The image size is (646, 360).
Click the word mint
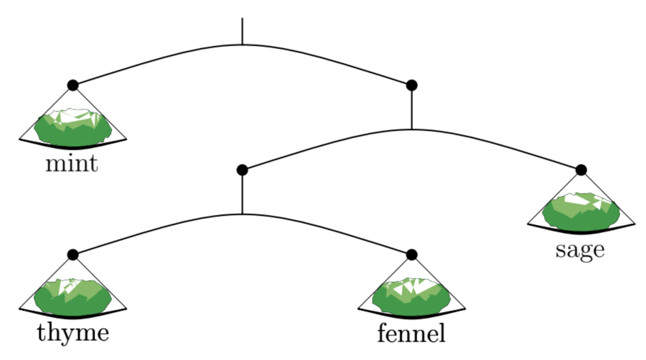(x=72, y=164)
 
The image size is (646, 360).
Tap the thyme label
(x=73, y=332)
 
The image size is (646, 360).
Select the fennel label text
(x=411, y=332)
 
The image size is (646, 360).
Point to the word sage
(x=580, y=250)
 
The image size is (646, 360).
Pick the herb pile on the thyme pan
(x=73, y=297)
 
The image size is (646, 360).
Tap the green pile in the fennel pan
(x=411, y=297)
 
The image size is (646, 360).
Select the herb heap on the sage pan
(x=581, y=212)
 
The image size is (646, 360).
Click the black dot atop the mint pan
(x=73, y=85)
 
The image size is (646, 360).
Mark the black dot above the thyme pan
(x=73, y=255)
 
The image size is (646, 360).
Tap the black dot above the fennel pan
(x=412, y=255)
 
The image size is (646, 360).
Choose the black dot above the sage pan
(x=581, y=170)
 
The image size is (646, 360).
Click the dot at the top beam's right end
(x=412, y=85)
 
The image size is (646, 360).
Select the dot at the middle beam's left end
(x=242, y=170)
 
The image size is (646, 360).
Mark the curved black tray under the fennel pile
(x=412, y=313)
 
